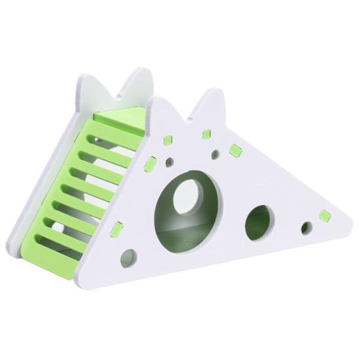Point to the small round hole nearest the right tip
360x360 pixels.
(x=306, y=228)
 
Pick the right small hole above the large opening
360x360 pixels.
(x=214, y=155)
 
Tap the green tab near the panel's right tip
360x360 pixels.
(x=323, y=215)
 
